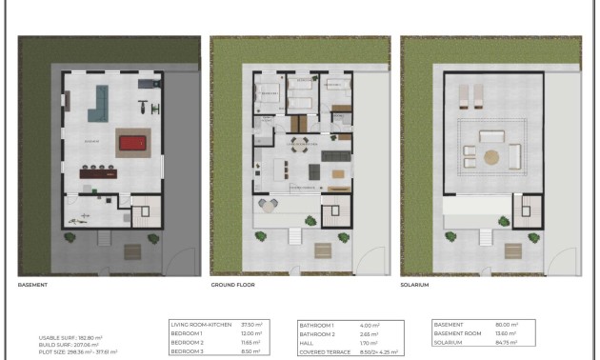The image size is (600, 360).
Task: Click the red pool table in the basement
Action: (x=131, y=144)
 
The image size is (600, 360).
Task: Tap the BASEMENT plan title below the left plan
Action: (x=33, y=284)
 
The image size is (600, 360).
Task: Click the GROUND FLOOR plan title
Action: (x=232, y=284)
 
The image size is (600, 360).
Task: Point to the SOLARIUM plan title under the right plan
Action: (x=415, y=284)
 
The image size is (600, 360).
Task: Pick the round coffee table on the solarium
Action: (x=491, y=156)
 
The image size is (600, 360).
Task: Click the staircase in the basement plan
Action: (x=143, y=210)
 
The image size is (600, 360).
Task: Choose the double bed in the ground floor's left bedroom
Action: (x=268, y=94)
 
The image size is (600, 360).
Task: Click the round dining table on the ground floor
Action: (x=299, y=145)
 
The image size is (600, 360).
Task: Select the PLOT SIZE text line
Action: (x=78, y=351)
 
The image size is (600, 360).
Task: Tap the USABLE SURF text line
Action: (x=71, y=337)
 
